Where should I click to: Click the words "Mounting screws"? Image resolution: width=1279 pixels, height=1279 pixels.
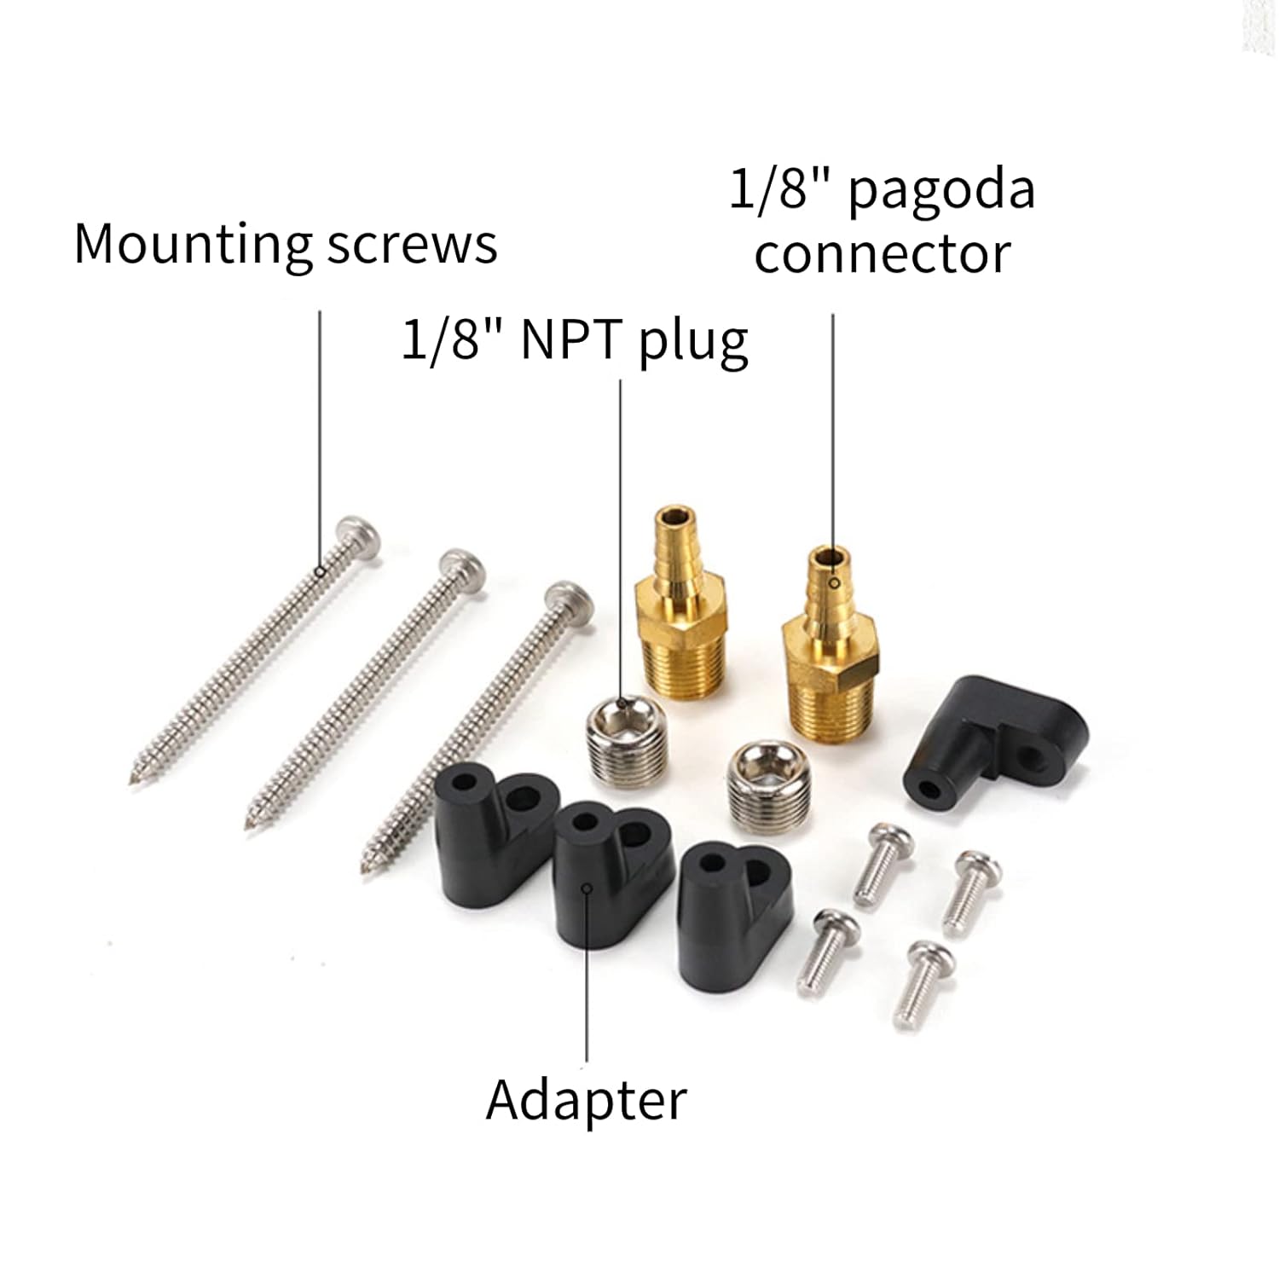[x=286, y=246]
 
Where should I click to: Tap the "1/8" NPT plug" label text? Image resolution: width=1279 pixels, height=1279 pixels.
[x=575, y=342]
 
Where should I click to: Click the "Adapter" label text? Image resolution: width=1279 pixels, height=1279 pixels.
[x=587, y=1100]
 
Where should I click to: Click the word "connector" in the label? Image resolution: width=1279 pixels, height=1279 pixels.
[x=883, y=253]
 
